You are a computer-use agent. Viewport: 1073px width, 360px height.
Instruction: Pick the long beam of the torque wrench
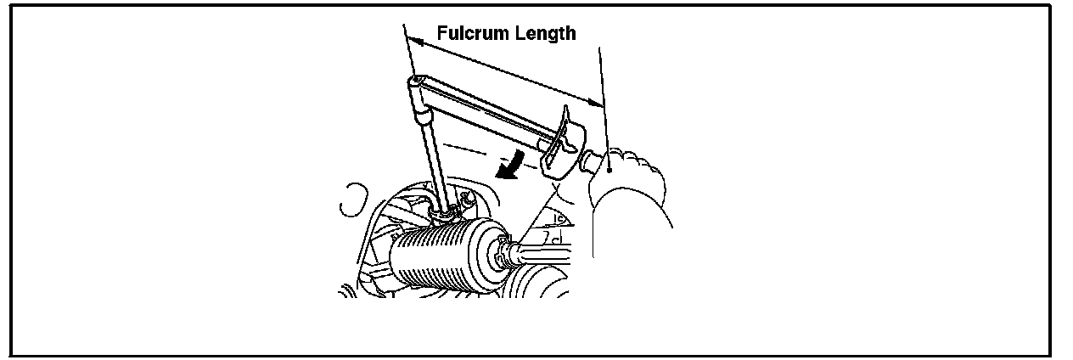click(x=484, y=110)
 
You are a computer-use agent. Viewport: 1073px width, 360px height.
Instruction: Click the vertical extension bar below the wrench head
click(x=430, y=153)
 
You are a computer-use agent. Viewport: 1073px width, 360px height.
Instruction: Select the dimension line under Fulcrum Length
click(x=509, y=71)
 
